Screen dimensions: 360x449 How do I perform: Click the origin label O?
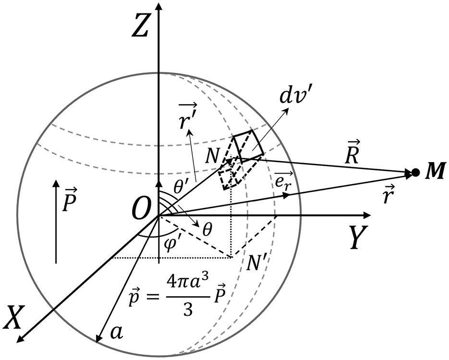coord(142,212)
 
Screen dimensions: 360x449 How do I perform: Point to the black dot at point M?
coord(416,172)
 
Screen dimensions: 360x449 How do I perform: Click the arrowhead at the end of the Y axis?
coord(368,215)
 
